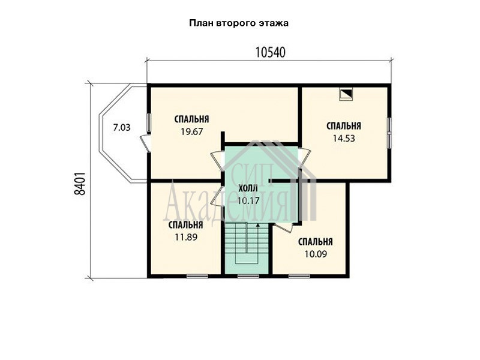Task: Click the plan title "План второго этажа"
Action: [239, 23]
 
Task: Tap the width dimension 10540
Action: [271, 53]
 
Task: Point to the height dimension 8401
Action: [80, 184]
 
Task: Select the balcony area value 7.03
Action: [122, 128]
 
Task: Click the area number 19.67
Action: [192, 131]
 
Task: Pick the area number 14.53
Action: [344, 139]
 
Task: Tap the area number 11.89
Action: [186, 237]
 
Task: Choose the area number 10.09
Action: [316, 254]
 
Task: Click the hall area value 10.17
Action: [248, 201]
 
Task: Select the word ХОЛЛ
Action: [248, 188]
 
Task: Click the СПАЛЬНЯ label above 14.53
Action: [344, 126]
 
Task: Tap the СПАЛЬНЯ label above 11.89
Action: [186, 225]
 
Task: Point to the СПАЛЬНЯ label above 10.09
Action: [316, 242]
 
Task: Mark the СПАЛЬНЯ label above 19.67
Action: [192, 119]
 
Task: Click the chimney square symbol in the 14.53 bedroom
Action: [346, 94]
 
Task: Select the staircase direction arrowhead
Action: [258, 225]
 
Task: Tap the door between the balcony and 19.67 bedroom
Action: [145, 144]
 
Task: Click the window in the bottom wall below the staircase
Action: [248, 277]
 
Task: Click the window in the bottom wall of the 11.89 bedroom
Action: [197, 277]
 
